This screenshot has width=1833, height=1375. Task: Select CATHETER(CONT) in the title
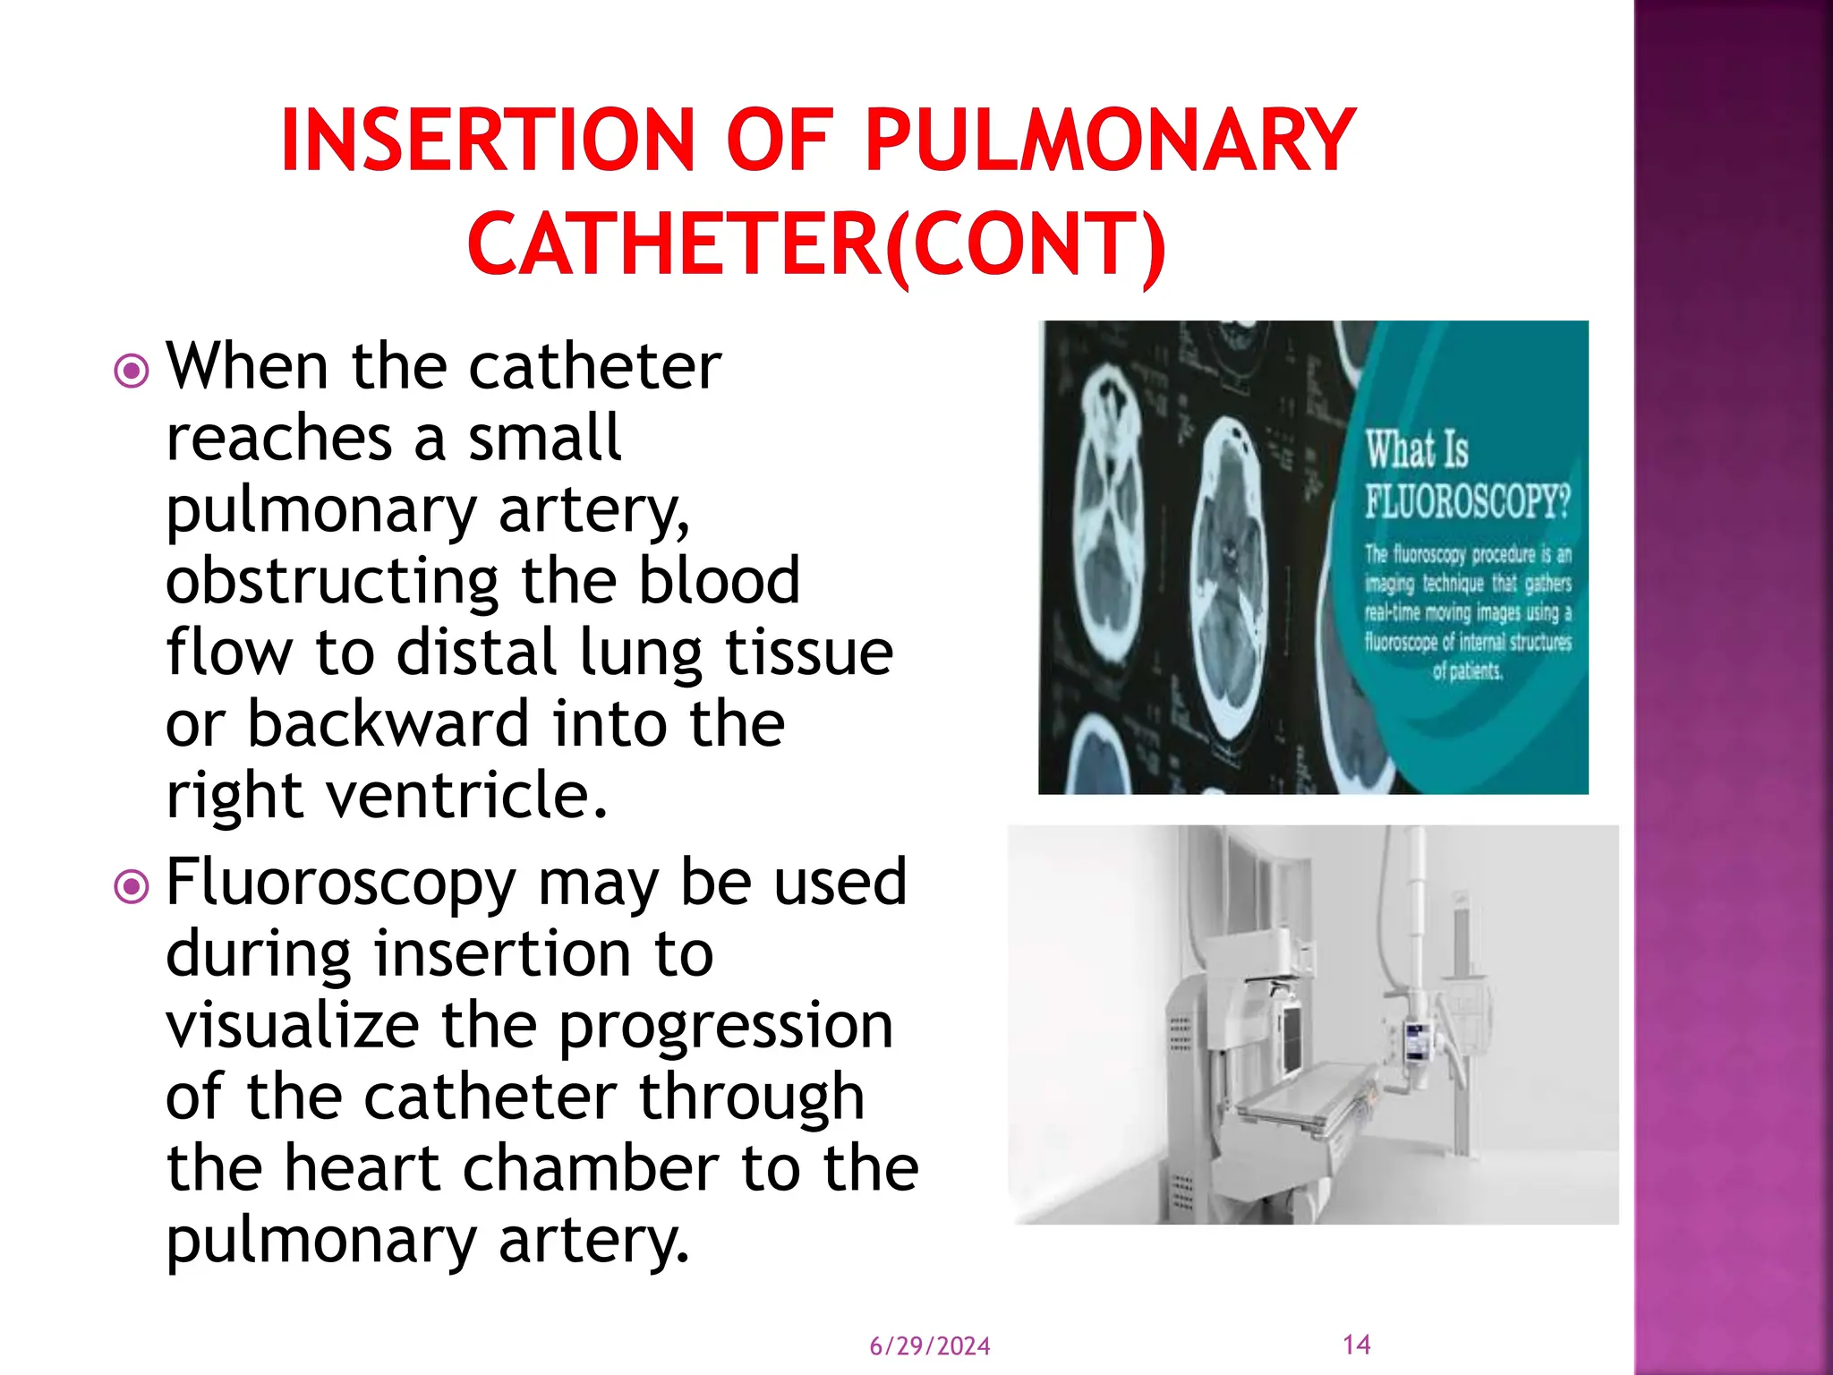click(816, 243)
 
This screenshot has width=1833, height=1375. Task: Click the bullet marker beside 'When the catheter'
click(132, 370)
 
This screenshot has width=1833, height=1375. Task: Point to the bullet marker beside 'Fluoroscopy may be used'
click(132, 886)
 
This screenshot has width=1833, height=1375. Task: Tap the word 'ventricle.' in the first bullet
click(466, 796)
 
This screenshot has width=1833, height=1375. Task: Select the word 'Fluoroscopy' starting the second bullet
click(341, 884)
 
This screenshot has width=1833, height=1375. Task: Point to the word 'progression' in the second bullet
click(726, 1028)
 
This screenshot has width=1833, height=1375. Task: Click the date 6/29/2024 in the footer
click(930, 1346)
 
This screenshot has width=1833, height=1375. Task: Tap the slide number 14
click(1357, 1345)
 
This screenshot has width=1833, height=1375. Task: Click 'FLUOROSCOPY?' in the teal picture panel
click(1467, 500)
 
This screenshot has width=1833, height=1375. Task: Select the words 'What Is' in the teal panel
click(1417, 449)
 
